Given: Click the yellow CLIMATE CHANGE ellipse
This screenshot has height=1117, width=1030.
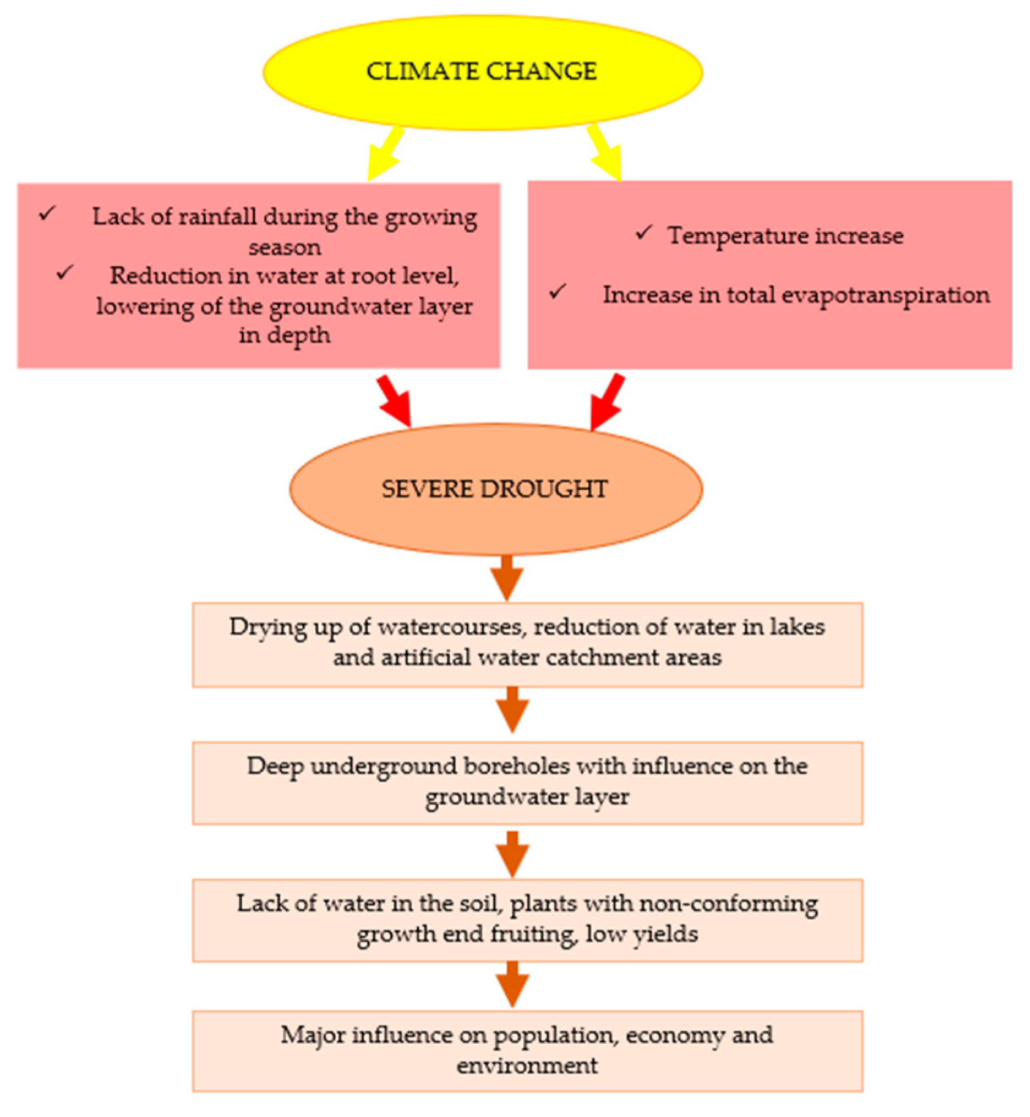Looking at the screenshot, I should (482, 72).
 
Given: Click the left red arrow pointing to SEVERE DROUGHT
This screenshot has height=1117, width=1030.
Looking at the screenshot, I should (395, 401).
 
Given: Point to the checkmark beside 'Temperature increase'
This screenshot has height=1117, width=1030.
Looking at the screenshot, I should (643, 233).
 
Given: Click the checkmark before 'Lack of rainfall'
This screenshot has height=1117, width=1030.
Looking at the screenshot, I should (47, 214).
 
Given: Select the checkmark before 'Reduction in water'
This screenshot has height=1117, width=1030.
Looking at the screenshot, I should (65, 272).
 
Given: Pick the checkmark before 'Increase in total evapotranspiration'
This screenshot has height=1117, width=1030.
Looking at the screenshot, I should (557, 291).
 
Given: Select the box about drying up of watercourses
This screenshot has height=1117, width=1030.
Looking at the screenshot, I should (527, 644).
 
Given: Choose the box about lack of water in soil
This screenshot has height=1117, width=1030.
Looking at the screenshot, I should (527, 920).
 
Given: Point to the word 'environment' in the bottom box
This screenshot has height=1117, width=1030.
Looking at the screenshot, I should (527, 1066).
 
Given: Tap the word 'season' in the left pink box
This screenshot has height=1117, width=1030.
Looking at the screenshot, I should (285, 248).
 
